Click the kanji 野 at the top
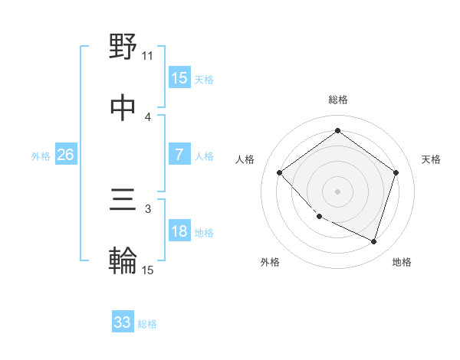(x=123, y=47)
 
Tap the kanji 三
(x=123, y=201)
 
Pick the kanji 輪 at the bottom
(x=123, y=260)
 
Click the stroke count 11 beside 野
(x=148, y=56)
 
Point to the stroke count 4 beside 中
(x=148, y=116)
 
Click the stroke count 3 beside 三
(x=148, y=208)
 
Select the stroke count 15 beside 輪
(x=148, y=269)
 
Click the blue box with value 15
(x=179, y=78)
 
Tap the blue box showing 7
(x=179, y=155)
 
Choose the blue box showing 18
(x=179, y=231)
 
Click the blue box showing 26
(x=65, y=155)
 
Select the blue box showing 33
(x=123, y=322)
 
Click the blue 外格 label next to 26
(x=41, y=155)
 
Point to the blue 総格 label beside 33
(x=147, y=324)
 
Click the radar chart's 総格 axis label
(x=337, y=100)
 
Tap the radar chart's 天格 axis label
(x=431, y=159)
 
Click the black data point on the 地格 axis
(x=373, y=241)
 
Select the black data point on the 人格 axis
(x=280, y=172)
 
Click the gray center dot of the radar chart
(x=337, y=191)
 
